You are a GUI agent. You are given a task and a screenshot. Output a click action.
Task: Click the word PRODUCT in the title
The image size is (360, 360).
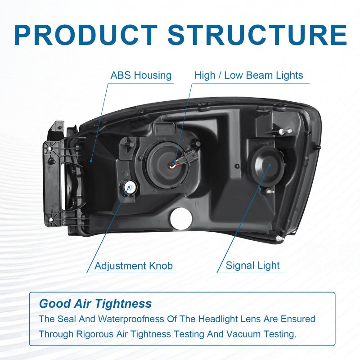(x=85, y=35)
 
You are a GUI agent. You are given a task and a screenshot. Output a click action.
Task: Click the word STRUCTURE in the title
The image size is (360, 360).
(x=257, y=35)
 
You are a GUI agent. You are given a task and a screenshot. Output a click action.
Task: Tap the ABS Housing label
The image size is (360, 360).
(x=141, y=75)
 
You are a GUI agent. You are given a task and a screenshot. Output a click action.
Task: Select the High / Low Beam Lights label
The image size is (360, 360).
(x=249, y=75)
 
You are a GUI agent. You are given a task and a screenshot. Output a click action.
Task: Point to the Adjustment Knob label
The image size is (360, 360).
(x=134, y=266)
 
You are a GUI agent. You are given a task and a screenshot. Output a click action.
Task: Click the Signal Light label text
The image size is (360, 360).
(x=252, y=265)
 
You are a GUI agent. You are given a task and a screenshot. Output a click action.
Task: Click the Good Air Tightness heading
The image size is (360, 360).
(x=95, y=303)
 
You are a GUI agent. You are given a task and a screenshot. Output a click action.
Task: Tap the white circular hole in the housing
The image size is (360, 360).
(x=181, y=219)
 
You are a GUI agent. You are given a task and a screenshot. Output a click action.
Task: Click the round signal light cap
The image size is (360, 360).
(x=267, y=165)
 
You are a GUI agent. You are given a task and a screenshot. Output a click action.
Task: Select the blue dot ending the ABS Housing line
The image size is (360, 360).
(x=91, y=161)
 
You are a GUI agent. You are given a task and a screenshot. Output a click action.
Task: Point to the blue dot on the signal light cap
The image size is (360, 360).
(x=270, y=165)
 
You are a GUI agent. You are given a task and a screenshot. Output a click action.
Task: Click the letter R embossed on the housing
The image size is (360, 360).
(x=197, y=204)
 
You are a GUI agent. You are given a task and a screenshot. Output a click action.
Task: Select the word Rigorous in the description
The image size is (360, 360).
(x=95, y=334)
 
